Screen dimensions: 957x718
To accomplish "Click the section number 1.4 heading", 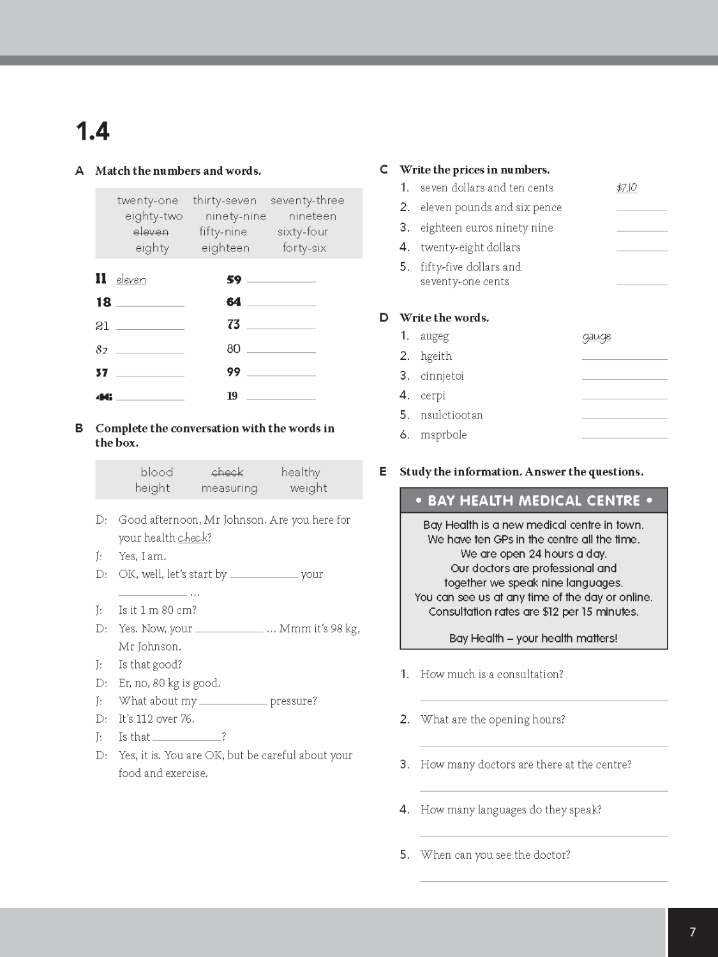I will coord(93,131).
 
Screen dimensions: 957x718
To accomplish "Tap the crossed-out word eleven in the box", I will coord(151,232).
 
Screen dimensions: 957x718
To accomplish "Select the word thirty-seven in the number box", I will coord(225,200).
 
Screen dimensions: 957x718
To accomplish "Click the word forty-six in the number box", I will coord(304,248).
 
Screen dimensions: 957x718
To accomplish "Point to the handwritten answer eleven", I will coord(131,279).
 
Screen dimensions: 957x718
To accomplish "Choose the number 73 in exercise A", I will coord(234,325).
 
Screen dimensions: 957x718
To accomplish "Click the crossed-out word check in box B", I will coord(227,472).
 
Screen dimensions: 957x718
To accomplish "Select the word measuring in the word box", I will coord(229,488).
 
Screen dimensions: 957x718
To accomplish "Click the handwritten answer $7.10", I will coord(627,188).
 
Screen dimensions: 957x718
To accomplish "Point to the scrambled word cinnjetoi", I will coord(442,376).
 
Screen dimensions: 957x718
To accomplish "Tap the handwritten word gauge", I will coord(597,336).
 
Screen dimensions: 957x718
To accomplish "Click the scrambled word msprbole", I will coord(444,435).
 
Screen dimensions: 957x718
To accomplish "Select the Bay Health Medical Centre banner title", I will coord(534,501).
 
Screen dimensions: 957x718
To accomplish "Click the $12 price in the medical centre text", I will coord(550,612).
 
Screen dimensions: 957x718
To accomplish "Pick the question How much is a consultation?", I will coord(491,674).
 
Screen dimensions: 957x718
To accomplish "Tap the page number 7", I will coord(692,932).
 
